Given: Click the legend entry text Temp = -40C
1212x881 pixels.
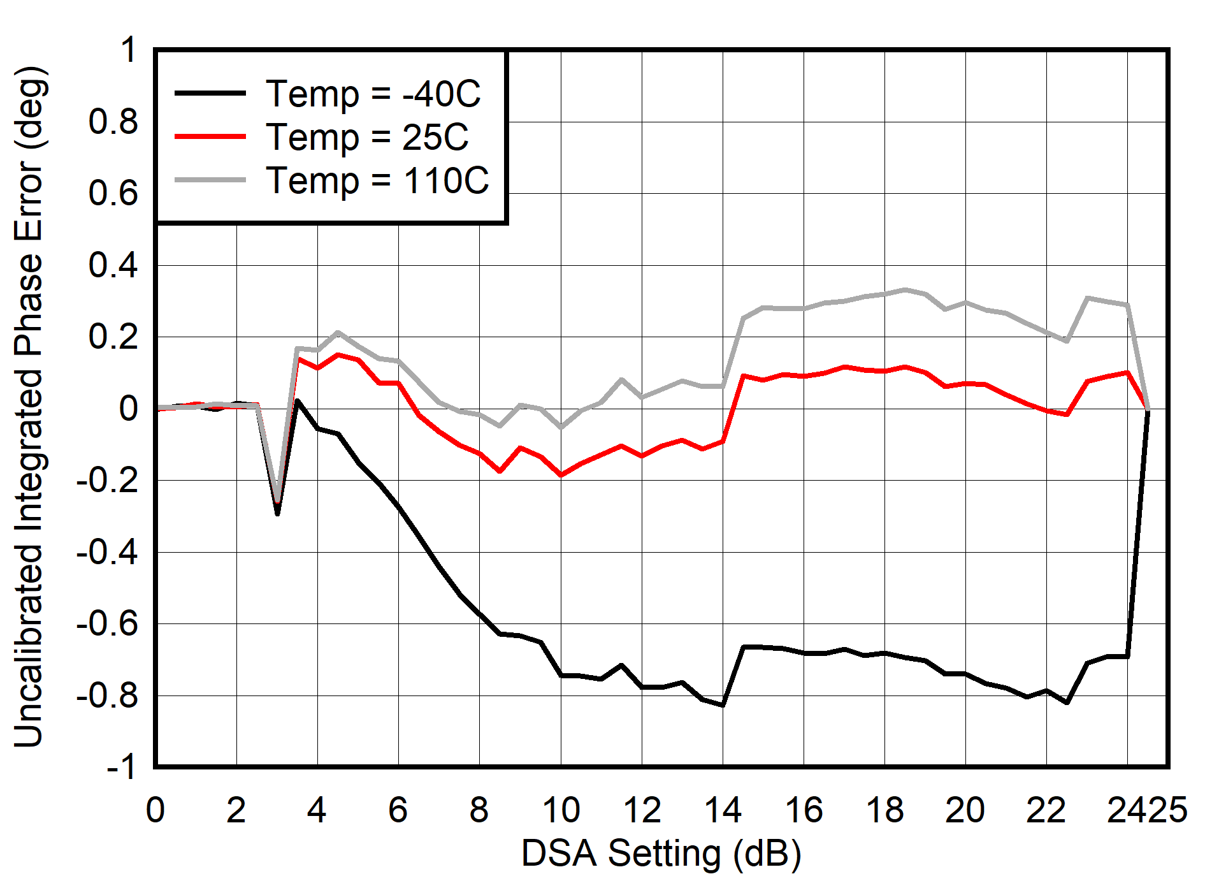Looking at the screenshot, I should [373, 94].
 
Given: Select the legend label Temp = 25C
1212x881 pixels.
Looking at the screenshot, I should [367, 137].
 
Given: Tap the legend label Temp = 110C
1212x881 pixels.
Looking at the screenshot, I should [377, 180].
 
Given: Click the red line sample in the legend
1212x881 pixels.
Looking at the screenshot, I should [210, 136].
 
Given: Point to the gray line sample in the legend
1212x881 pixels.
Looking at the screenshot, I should [210, 180].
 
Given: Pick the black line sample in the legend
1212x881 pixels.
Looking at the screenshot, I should [210, 93].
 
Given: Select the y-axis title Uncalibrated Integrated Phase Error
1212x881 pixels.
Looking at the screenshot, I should [29, 407].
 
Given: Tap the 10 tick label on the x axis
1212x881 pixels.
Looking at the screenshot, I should [561, 810].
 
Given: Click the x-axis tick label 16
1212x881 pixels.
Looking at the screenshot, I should [804, 810].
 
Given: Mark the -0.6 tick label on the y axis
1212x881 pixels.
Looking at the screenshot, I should [106, 623].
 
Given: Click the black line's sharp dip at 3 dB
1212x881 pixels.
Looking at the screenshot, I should [277, 513].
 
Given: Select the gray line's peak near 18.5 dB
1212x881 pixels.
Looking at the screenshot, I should [905, 289].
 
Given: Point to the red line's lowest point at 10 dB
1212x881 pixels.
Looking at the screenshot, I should [561, 475].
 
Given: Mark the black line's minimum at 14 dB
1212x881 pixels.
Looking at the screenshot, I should [723, 705].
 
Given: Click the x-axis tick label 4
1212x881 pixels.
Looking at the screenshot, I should [317, 810].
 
